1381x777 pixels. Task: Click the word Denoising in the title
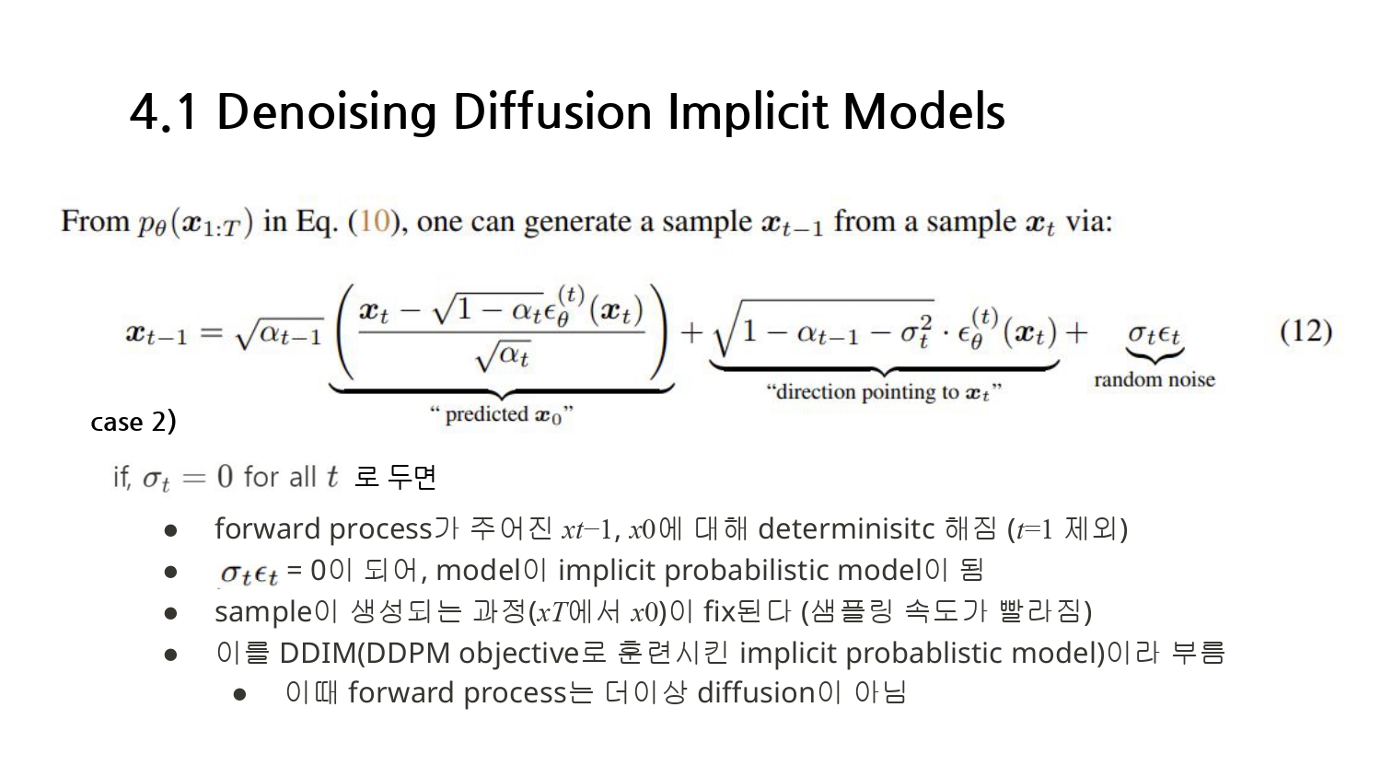tap(326, 112)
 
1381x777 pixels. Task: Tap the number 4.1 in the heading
tap(164, 112)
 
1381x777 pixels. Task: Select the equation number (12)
tap(1306, 331)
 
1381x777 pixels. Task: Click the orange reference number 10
tap(374, 222)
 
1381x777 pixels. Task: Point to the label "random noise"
tap(1154, 379)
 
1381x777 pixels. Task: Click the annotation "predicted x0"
tap(502, 415)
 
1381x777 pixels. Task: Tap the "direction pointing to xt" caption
tap(883, 392)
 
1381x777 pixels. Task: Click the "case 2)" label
tap(133, 422)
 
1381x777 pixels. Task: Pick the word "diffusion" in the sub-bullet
tap(756, 692)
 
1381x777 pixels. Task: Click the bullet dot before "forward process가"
tap(170, 530)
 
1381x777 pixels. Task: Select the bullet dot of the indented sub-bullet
tap(240, 694)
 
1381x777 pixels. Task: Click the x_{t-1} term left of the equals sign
tap(157, 333)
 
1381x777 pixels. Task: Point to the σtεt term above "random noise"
tap(1154, 333)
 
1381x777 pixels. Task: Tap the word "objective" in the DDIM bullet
tap(519, 653)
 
